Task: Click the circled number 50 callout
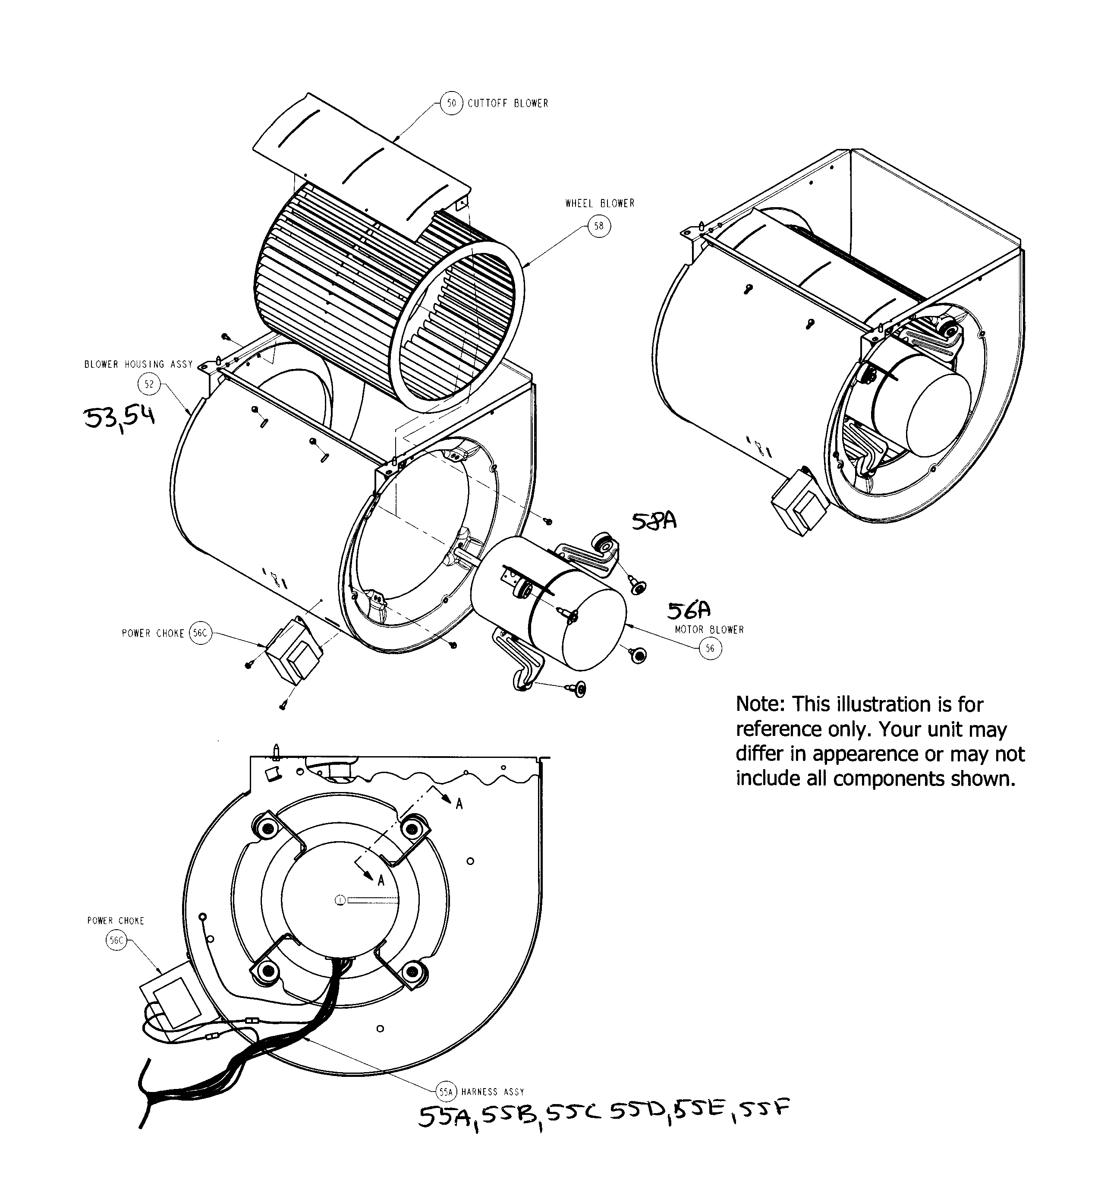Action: [x=452, y=104]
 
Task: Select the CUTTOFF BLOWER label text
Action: [x=507, y=104]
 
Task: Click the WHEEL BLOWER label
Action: [x=600, y=203]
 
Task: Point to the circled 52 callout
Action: [x=149, y=384]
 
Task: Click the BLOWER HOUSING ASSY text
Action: [x=138, y=364]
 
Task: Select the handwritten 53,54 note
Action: [x=119, y=418]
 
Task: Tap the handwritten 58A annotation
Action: [x=654, y=521]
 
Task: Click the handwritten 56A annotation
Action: [x=689, y=610]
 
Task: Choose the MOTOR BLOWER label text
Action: [x=709, y=629]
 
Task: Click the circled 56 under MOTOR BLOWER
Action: [x=710, y=649]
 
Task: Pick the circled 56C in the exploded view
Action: [x=200, y=633]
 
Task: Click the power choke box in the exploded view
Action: [x=293, y=652]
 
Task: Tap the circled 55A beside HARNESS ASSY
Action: [x=446, y=1092]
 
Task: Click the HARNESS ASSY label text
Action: [x=493, y=1092]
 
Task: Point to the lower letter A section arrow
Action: [x=381, y=880]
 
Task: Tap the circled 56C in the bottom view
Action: [x=116, y=940]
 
